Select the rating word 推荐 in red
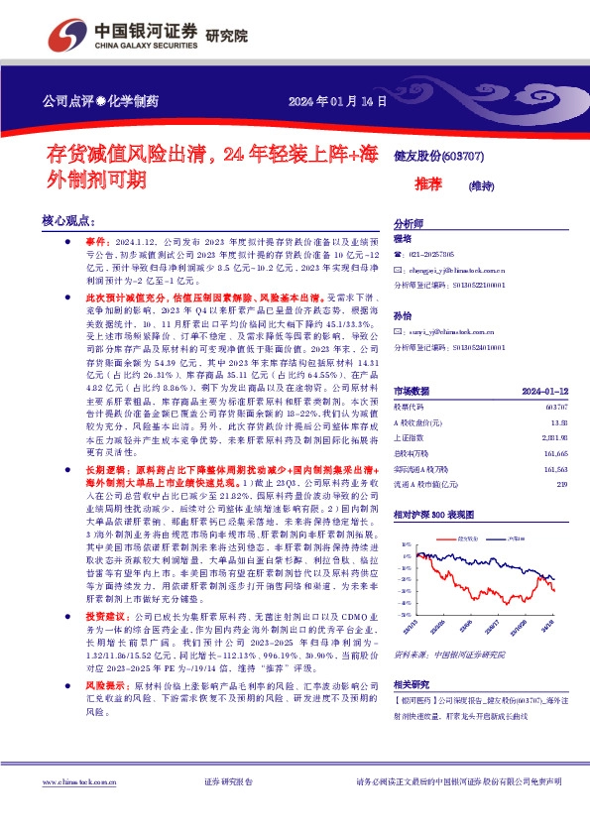coord(427,183)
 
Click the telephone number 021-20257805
coord(431,255)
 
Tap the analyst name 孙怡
coord(403,315)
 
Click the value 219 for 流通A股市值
coord(561,483)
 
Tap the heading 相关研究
coord(411,685)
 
